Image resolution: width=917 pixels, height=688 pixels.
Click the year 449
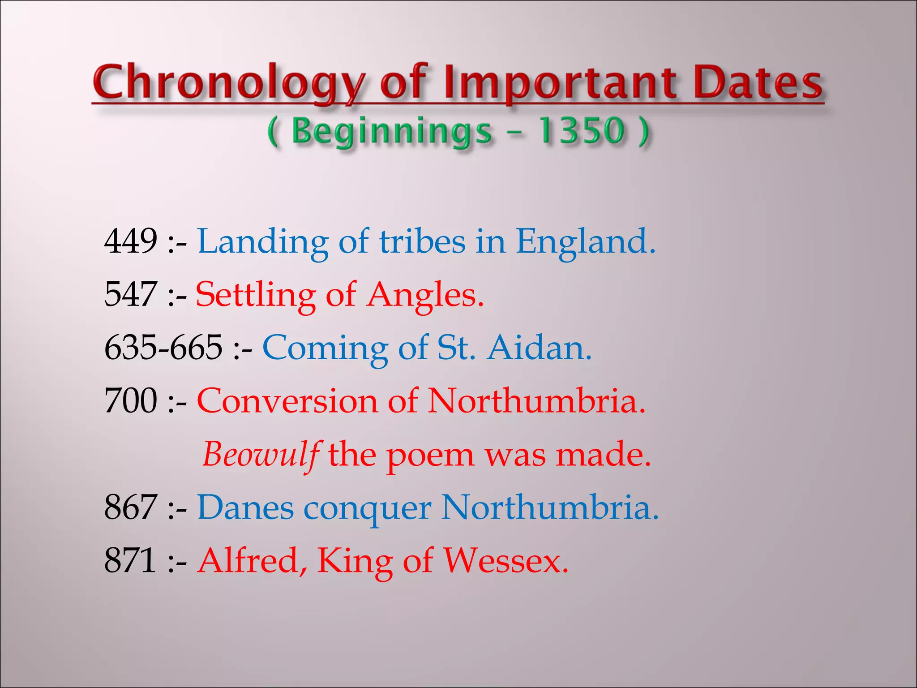[x=131, y=241]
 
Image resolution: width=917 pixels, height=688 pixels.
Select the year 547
[x=131, y=294]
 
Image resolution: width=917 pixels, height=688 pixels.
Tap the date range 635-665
[x=163, y=348]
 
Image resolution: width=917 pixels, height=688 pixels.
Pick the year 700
[x=131, y=400]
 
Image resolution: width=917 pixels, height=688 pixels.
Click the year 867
[x=131, y=507]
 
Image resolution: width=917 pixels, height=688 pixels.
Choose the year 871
[x=131, y=560]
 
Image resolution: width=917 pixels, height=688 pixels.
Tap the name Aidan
[x=540, y=348]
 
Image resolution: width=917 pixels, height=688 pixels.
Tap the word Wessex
[x=506, y=560]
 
